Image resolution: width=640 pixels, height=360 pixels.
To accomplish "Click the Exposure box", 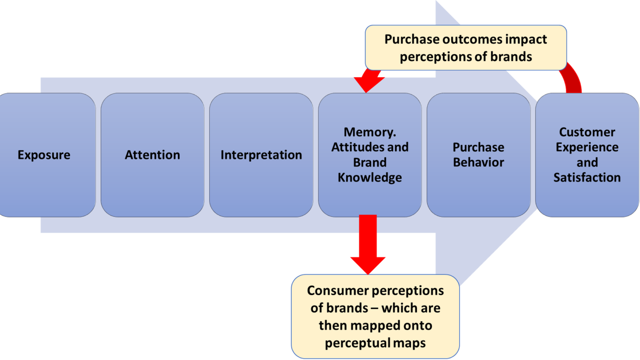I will tap(44, 155).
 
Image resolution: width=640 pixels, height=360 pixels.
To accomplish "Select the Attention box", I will tap(152, 155).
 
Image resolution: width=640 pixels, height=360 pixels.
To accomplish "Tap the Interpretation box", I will tap(261, 155).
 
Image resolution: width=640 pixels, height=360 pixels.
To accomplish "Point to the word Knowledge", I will tap(370, 177).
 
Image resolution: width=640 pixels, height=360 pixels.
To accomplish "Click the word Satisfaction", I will tap(587, 177).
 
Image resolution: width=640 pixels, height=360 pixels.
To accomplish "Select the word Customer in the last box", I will tap(587, 132).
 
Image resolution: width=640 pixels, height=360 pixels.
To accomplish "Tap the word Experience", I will tap(587, 147).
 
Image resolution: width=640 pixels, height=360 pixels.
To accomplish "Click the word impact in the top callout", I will tap(526, 40).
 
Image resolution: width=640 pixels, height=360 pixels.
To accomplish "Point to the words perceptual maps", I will tap(375, 343).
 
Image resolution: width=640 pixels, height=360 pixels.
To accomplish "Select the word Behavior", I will tap(478, 162).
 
